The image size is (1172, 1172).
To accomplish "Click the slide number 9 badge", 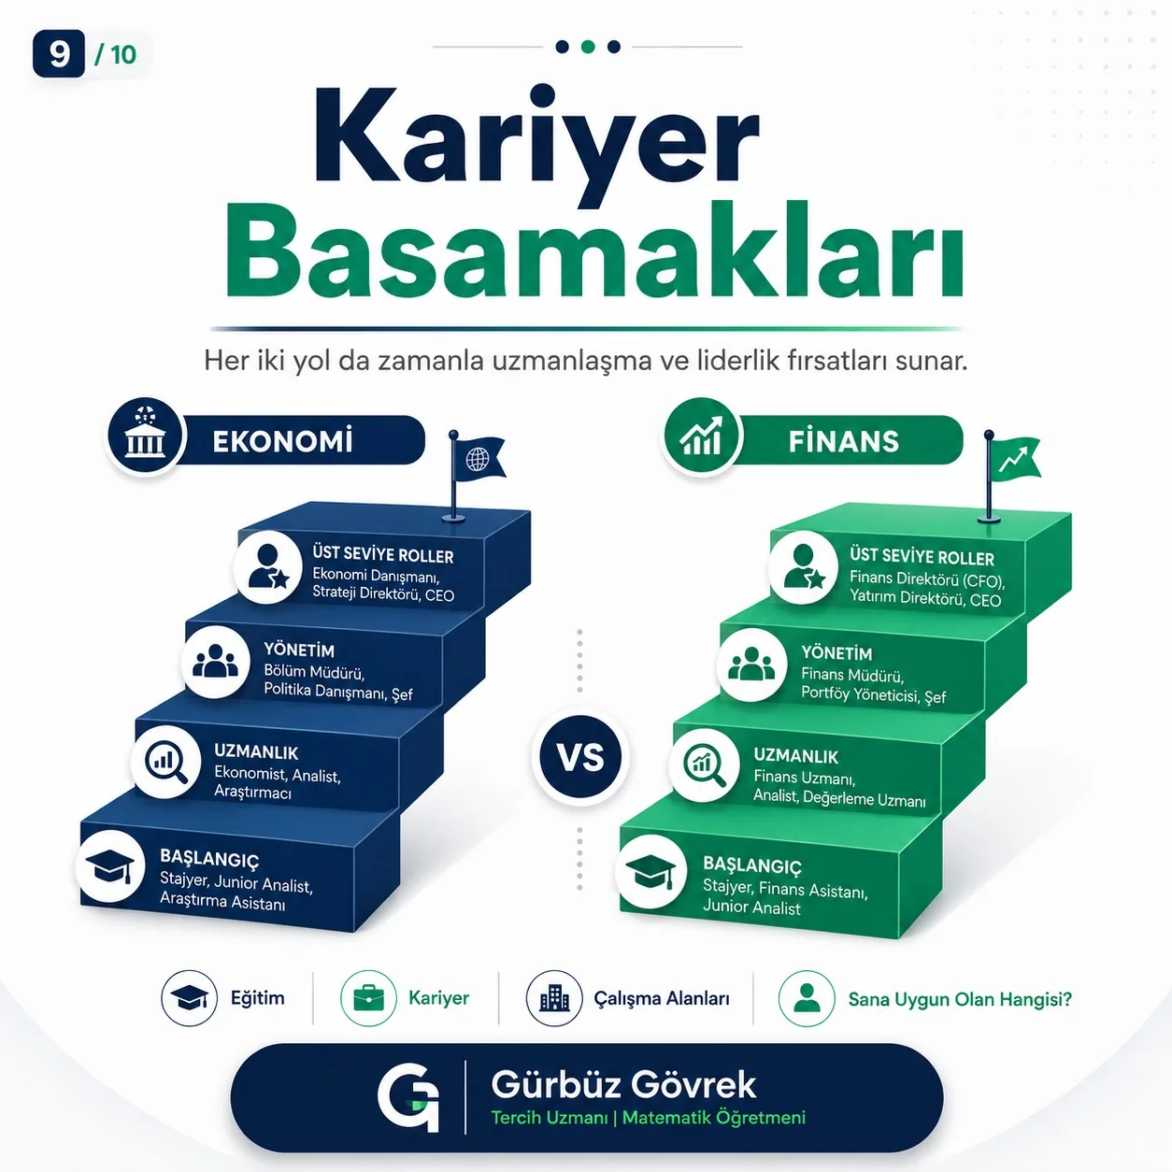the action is pyautogui.click(x=58, y=53).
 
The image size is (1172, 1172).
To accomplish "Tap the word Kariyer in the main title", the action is pyautogui.click(x=536, y=142).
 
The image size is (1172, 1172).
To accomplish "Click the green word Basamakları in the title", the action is pyautogui.click(x=594, y=253).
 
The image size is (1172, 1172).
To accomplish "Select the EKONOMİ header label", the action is pyautogui.click(x=282, y=441).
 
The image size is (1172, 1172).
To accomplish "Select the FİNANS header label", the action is pyautogui.click(x=844, y=441).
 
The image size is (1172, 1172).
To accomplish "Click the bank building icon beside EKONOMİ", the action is pyautogui.click(x=145, y=436).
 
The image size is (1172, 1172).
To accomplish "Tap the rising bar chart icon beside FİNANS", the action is pyautogui.click(x=701, y=436).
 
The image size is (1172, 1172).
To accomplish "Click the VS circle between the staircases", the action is pyautogui.click(x=580, y=757).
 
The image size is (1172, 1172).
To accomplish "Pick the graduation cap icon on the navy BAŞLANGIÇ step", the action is pyautogui.click(x=110, y=867).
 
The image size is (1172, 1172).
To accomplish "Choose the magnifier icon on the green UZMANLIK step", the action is pyautogui.click(x=705, y=765).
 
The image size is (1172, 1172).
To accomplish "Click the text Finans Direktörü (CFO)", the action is pyautogui.click(x=927, y=579).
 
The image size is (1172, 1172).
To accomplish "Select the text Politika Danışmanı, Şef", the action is pyautogui.click(x=338, y=693).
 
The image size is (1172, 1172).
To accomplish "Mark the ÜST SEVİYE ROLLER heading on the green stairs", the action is pyautogui.click(x=922, y=556).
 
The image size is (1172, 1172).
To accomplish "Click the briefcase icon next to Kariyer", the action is pyautogui.click(x=368, y=998).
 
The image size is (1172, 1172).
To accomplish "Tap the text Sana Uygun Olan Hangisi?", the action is pyautogui.click(x=960, y=999).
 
